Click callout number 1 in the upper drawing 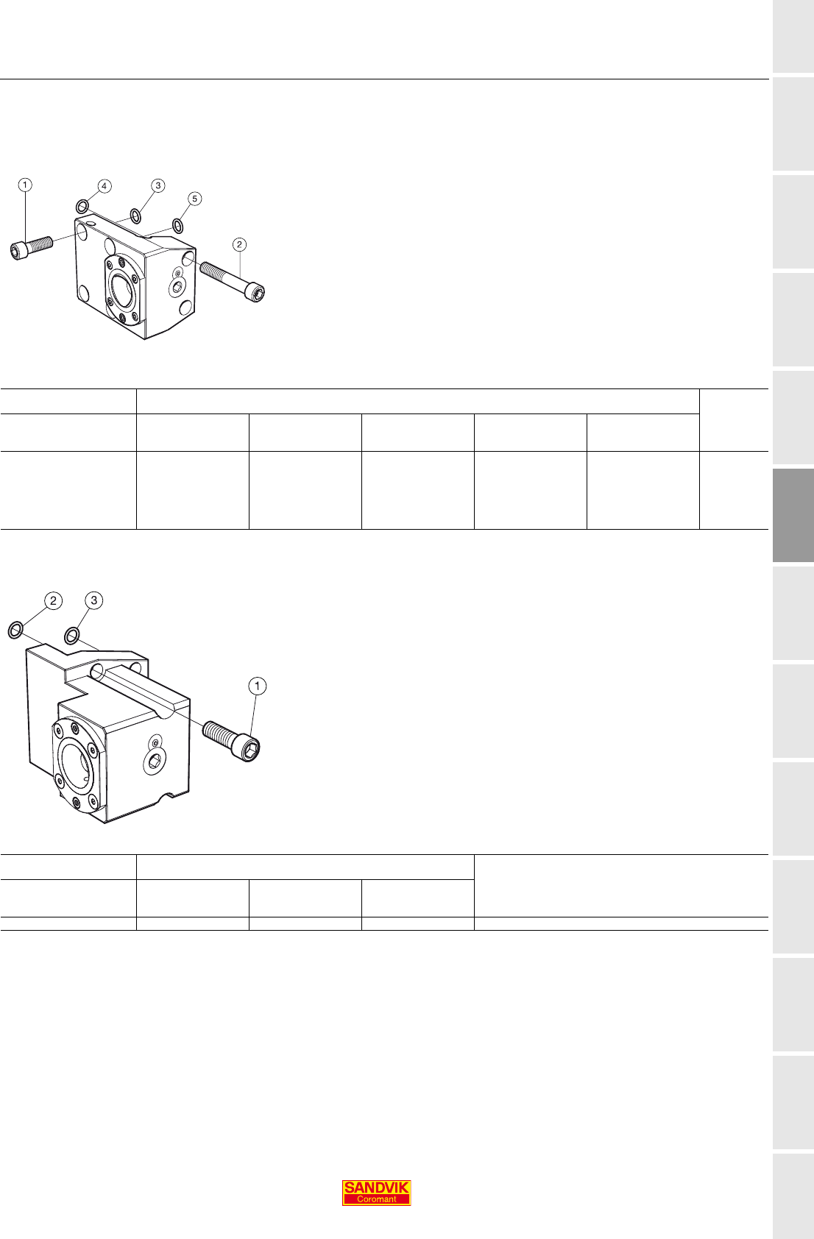tap(25, 185)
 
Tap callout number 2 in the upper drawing tap(239, 244)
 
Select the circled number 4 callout tap(105, 186)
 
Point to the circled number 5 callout tap(194, 199)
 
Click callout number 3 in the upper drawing tap(158, 185)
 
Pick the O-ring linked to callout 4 tap(82, 207)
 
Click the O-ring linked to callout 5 tap(178, 225)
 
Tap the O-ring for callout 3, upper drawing tap(135, 216)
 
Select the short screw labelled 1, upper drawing tap(32, 248)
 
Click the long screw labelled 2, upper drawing tap(232, 282)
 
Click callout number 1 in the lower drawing tap(258, 686)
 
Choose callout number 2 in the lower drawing tap(53, 600)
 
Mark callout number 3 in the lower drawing tap(94, 600)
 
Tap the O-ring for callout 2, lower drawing tap(15, 630)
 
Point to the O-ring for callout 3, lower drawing tap(71, 636)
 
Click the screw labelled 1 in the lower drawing tap(231, 741)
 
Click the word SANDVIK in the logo tap(376, 1187)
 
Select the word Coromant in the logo tap(376, 1199)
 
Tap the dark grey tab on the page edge tap(793, 515)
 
